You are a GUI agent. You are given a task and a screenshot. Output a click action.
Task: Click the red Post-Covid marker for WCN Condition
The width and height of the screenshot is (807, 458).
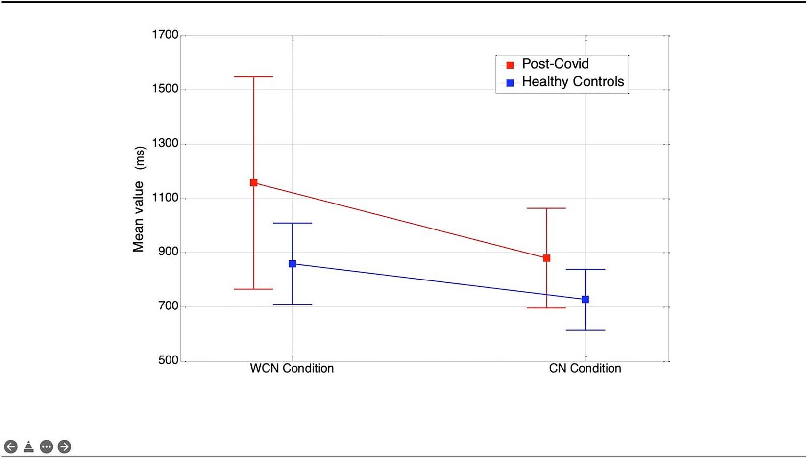pyautogui.click(x=254, y=183)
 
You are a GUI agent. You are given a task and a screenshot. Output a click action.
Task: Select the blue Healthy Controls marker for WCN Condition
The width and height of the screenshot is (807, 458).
pyautogui.click(x=293, y=264)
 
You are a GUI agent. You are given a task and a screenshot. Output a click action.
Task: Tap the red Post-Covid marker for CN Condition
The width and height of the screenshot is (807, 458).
pyautogui.click(x=547, y=258)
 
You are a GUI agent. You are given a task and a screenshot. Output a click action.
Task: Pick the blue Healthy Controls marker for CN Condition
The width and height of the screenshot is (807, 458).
pyautogui.click(x=586, y=299)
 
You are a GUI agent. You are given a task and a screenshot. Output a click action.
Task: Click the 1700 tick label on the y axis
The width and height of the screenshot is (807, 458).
pyautogui.click(x=165, y=35)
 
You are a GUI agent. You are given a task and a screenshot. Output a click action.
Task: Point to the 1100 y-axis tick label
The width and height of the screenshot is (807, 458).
pyautogui.click(x=165, y=198)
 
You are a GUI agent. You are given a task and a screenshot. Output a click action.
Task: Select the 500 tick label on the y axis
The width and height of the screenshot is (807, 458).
pyautogui.click(x=168, y=360)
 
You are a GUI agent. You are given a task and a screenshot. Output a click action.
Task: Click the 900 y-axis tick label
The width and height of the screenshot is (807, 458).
pyautogui.click(x=168, y=252)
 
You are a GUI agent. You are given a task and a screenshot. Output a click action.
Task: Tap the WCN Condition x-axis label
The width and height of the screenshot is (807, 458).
pyautogui.click(x=292, y=368)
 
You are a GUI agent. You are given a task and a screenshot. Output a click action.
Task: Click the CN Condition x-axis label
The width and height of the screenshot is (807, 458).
pyautogui.click(x=585, y=368)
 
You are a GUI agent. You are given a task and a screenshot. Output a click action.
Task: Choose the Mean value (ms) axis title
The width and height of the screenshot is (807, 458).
pyautogui.click(x=139, y=199)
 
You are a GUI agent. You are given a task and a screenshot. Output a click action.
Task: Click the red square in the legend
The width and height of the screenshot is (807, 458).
pyautogui.click(x=510, y=65)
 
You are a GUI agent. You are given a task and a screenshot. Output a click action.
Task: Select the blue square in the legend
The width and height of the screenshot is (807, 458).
pyautogui.click(x=510, y=83)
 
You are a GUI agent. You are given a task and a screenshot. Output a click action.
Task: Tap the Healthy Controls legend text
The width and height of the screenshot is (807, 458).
pyautogui.click(x=573, y=82)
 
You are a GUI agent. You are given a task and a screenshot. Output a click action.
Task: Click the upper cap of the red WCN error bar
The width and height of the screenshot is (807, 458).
pyautogui.click(x=254, y=77)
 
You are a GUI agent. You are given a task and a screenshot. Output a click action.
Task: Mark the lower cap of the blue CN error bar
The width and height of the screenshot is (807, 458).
pyautogui.click(x=586, y=330)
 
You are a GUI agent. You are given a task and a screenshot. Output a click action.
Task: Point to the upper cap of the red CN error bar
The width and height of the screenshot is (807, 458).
pyautogui.click(x=547, y=208)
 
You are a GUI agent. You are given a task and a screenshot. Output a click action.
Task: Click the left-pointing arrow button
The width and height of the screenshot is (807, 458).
pyautogui.click(x=11, y=447)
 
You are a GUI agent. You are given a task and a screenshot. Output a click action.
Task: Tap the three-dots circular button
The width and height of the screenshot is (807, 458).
pyautogui.click(x=47, y=447)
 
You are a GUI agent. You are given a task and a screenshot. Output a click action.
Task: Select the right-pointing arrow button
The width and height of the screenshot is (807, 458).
pyautogui.click(x=64, y=447)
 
